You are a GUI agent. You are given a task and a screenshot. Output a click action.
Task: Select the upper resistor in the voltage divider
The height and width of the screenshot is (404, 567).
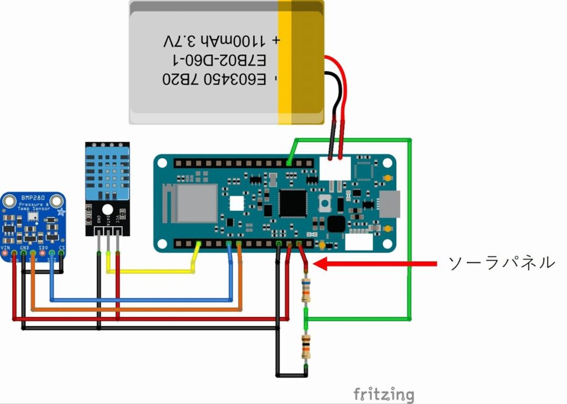click(x=306, y=291)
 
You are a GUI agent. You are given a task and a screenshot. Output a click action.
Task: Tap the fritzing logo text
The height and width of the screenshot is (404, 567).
click(x=384, y=394)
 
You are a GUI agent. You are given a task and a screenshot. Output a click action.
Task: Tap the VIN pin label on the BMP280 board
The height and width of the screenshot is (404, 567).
click(x=6, y=247)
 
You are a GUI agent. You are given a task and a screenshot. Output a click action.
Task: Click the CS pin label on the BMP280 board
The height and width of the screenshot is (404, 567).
click(x=61, y=247)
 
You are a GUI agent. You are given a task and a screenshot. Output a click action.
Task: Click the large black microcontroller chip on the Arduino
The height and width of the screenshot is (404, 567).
click(x=292, y=203)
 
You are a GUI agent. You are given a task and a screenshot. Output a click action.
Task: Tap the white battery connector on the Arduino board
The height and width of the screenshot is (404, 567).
click(x=335, y=168)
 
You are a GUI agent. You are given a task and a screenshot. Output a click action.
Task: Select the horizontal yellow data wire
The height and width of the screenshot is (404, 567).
click(x=150, y=272)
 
